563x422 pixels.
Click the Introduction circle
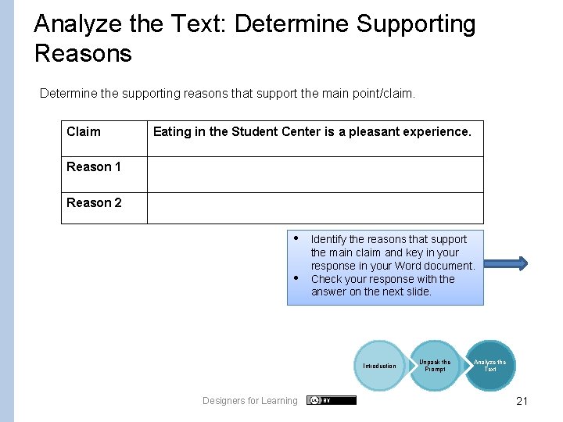379,366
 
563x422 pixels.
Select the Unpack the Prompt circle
435,365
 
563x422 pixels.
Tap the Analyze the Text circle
489,365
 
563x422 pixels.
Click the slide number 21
522,401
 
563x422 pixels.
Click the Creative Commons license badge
331,400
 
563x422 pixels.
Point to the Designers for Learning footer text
249,401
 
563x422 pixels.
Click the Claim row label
84,131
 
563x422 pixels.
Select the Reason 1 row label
94,166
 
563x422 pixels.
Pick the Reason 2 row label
94,202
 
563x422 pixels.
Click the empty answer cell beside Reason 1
314,174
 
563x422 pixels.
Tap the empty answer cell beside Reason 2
314,208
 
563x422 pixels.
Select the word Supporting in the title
416,24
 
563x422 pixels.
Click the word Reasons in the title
83,53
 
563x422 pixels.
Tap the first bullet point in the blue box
297,238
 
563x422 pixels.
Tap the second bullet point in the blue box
297,278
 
